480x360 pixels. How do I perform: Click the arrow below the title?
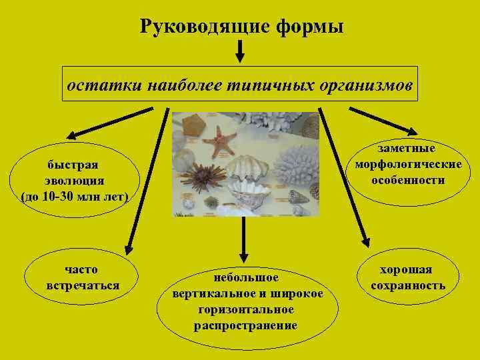[240, 51]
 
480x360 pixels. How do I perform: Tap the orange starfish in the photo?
[220, 141]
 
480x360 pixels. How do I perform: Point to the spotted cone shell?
[297, 197]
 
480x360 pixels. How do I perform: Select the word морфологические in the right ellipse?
[408, 165]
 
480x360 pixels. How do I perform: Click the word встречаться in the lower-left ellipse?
[83, 285]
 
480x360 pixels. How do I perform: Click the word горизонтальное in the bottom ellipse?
[246, 310]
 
